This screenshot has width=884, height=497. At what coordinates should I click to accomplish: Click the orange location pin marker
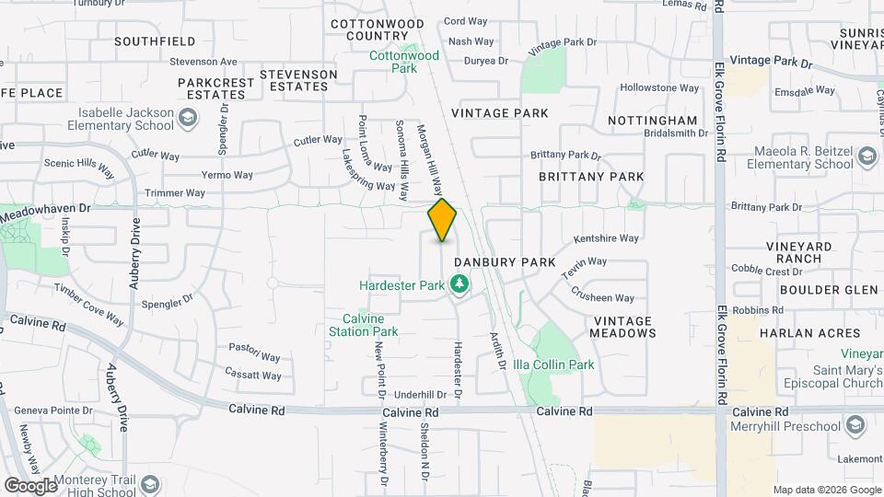(x=442, y=220)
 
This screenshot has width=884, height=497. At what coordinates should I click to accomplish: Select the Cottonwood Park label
(x=404, y=62)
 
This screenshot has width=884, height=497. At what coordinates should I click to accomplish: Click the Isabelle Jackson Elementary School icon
(x=188, y=118)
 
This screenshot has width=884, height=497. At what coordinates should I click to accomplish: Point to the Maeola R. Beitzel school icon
(x=866, y=157)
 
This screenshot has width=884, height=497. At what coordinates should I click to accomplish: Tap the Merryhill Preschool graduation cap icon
(x=855, y=425)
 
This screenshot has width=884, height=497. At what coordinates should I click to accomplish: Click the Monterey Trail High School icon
(x=150, y=484)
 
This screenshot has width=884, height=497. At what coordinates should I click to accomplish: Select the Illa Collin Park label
(x=552, y=364)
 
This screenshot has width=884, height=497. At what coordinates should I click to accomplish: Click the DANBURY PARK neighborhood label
(x=504, y=262)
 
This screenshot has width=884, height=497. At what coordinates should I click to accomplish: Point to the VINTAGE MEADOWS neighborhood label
(x=622, y=327)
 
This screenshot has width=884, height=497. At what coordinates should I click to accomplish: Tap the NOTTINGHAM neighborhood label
(x=653, y=121)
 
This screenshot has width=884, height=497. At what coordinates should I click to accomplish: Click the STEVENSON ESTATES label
(x=298, y=80)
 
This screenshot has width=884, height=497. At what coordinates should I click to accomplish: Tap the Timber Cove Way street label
(x=89, y=305)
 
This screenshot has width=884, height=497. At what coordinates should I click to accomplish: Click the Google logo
(x=30, y=485)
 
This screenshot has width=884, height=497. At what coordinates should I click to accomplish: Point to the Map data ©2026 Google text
(x=826, y=490)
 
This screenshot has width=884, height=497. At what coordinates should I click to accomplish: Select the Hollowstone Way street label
(x=655, y=87)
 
